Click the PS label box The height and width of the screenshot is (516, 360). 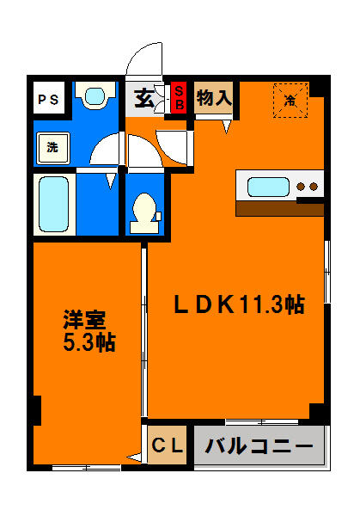[x=48, y=99]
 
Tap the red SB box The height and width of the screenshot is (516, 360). [x=180, y=97]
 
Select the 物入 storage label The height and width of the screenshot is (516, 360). [x=213, y=97]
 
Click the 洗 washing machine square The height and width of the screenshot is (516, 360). [x=52, y=147]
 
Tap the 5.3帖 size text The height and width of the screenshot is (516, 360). [x=88, y=342]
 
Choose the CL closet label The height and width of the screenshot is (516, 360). [x=168, y=446]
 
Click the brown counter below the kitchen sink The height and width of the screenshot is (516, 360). [x=277, y=207]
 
